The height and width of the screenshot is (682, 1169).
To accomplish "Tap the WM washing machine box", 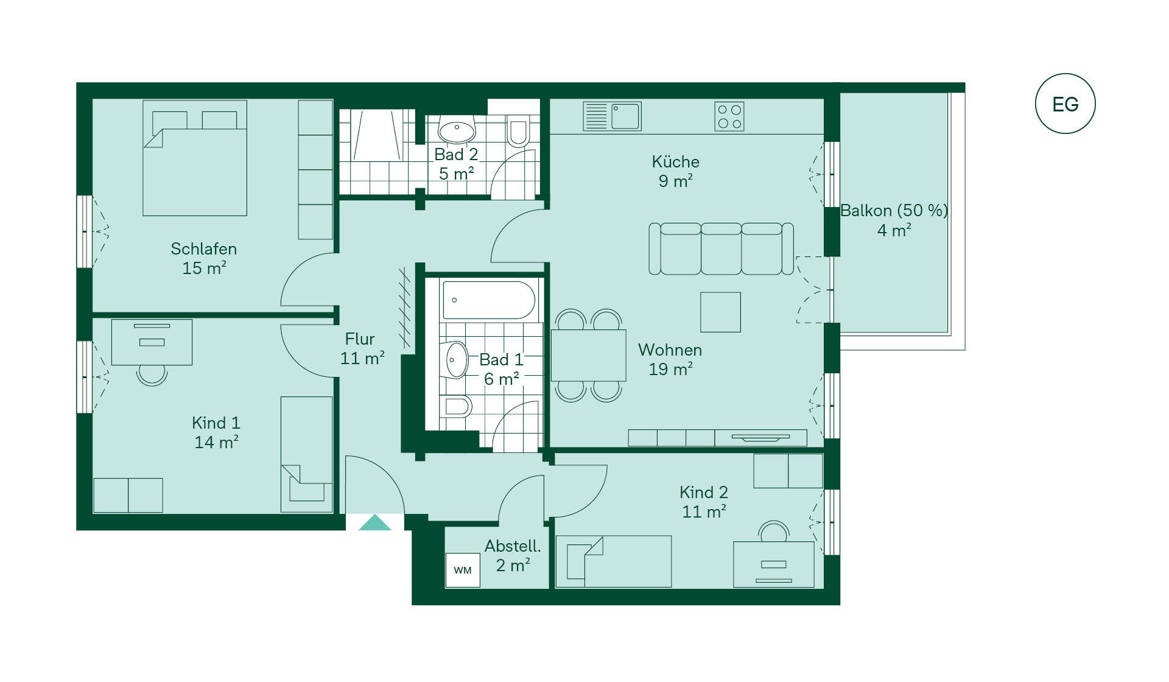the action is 463,570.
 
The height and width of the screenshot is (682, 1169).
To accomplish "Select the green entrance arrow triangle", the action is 374,522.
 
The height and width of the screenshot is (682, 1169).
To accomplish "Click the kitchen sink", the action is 612,116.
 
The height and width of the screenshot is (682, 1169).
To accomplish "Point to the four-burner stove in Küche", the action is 729,116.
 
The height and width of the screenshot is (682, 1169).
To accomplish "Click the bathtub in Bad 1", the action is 489,300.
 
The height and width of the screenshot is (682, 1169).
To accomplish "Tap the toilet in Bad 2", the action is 518,130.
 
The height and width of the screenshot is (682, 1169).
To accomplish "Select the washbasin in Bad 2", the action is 457,130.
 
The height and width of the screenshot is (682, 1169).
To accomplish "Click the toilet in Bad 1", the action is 456,406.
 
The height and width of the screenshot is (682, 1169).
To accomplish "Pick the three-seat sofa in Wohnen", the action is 721,248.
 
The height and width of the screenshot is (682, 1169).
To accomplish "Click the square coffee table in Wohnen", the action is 720,312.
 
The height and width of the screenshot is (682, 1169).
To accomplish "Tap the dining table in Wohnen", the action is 589,356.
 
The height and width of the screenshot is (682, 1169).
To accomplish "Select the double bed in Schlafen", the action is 195,158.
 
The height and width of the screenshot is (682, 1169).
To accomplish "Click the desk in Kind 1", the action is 152,342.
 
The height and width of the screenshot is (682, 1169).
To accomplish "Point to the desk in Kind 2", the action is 774,564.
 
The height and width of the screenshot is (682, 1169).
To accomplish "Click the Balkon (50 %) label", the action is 894,211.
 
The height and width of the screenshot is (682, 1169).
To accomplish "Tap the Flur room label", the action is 360,339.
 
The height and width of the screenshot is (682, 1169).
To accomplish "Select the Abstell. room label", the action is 513,546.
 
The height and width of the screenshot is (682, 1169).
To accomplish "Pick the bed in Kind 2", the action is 614,561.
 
